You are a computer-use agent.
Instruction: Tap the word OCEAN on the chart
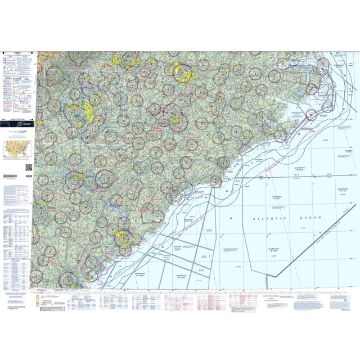[x=311, y=217]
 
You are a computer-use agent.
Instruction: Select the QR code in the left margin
[x=29, y=167]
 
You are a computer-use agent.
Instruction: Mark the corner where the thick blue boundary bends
[x=274, y=277]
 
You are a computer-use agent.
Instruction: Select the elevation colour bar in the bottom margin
[x=38, y=301]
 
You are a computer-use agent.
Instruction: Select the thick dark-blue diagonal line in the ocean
[x=315, y=247]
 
